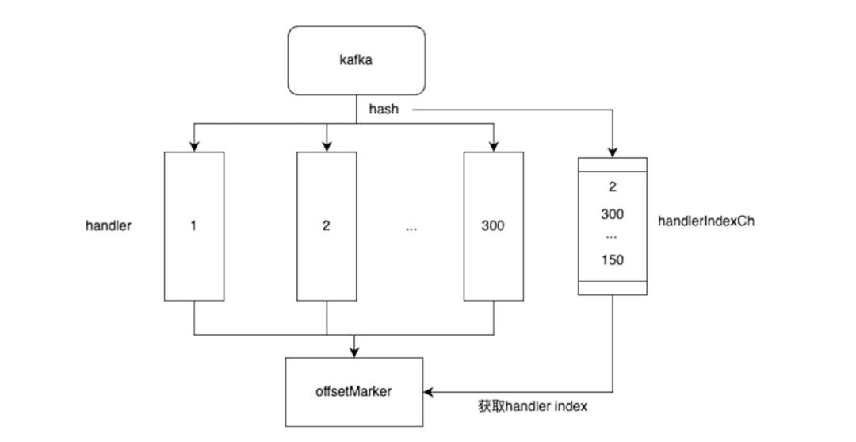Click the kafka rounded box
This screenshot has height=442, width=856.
[357, 60]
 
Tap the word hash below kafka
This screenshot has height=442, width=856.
[384, 110]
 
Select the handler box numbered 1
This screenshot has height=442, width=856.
[194, 226]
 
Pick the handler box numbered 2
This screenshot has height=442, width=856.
[327, 226]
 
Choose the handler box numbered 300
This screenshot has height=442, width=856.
[494, 226]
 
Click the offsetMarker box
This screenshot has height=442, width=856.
[354, 392]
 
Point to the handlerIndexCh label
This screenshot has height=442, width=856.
[706, 221]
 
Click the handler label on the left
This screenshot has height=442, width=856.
[109, 225]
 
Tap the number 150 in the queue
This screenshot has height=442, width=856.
[613, 260]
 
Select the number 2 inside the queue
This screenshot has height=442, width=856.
[613, 187]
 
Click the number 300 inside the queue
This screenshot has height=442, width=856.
[613, 214]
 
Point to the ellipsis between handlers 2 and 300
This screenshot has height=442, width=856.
[411, 229]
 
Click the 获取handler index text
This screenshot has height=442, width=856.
[533, 406]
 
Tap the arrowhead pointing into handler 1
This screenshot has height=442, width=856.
[194, 147]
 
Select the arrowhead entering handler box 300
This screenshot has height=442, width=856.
[494, 147]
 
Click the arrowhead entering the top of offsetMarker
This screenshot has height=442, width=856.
[354, 352]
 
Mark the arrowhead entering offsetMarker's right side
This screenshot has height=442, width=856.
[429, 392]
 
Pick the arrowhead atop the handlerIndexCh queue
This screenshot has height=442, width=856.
[613, 152]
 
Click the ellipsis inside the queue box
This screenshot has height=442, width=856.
[613, 237]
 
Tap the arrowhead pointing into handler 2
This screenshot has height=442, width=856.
[327, 147]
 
